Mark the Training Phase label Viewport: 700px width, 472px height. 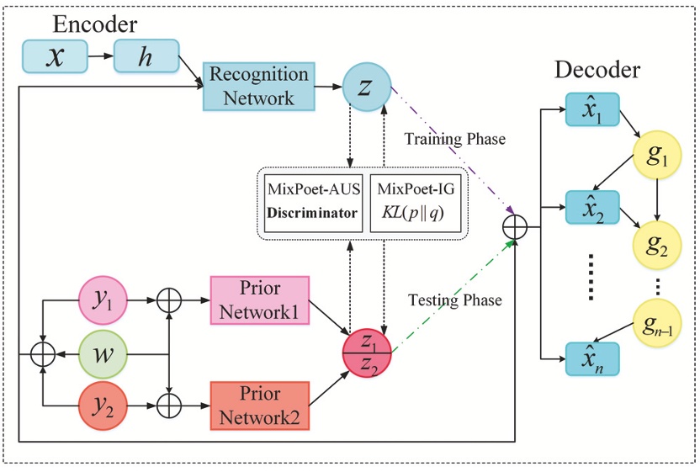tap(454, 139)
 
